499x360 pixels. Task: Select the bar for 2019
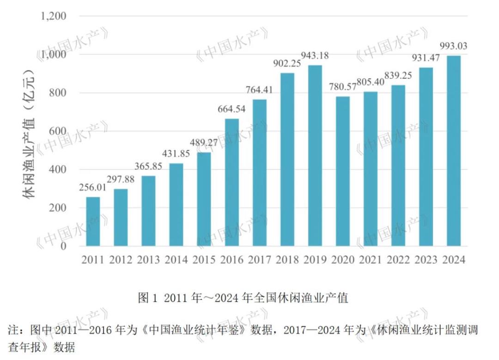315,156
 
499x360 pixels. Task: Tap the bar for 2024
454,151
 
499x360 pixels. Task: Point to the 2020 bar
343,171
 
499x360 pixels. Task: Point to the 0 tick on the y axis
64,246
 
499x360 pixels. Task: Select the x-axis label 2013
149,260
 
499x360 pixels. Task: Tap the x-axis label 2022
398,260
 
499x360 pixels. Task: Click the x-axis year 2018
287,260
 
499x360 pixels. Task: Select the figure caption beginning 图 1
243,298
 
